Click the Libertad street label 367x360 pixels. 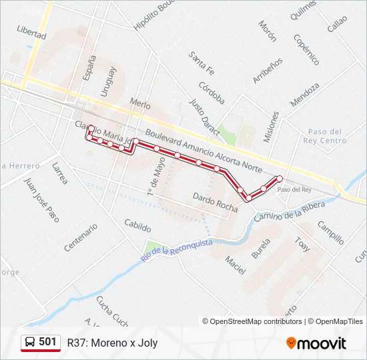tap(32, 31)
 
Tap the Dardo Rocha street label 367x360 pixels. tap(215, 202)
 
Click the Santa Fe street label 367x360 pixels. tap(201, 63)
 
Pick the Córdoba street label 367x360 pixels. tap(212, 93)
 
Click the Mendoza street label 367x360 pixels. tap(305, 95)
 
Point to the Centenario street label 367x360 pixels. tap(81, 237)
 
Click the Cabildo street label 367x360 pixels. tap(138, 226)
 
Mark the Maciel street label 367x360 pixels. tap(235, 265)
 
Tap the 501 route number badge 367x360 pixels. tap(47, 342)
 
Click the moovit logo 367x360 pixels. tap(316, 343)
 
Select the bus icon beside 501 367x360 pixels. tap(30, 343)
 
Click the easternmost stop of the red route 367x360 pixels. tap(280, 178)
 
